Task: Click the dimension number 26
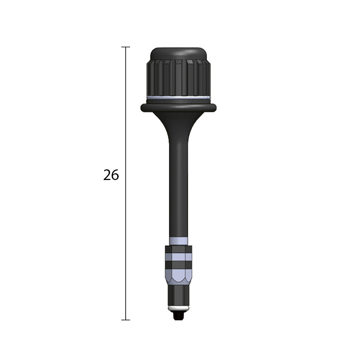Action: click(111, 175)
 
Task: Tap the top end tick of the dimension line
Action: click(126, 47)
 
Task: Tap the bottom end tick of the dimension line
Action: click(126, 320)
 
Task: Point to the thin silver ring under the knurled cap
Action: click(178, 98)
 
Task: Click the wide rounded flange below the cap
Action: click(178, 107)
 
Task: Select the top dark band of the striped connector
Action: click(178, 249)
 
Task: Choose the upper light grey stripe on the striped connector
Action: click(178, 257)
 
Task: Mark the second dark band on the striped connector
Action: click(178, 265)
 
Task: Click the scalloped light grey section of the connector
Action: click(178, 277)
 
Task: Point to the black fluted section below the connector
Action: click(178, 295)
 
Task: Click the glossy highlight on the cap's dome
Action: click(190, 52)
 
